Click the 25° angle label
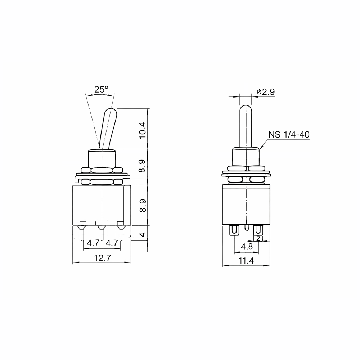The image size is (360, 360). tap(101, 89)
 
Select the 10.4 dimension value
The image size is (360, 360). tap(143, 130)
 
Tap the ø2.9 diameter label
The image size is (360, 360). tap(266, 92)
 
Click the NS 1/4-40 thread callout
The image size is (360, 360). tap(289, 134)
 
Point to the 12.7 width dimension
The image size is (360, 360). tap(102, 258)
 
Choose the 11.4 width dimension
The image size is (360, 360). tap(246, 261)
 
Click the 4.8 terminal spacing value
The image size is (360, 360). tap(247, 247)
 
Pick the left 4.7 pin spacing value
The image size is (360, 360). tap(93, 243)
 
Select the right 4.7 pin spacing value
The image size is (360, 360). tap(112, 243)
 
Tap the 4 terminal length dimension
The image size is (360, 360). tap(143, 235)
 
